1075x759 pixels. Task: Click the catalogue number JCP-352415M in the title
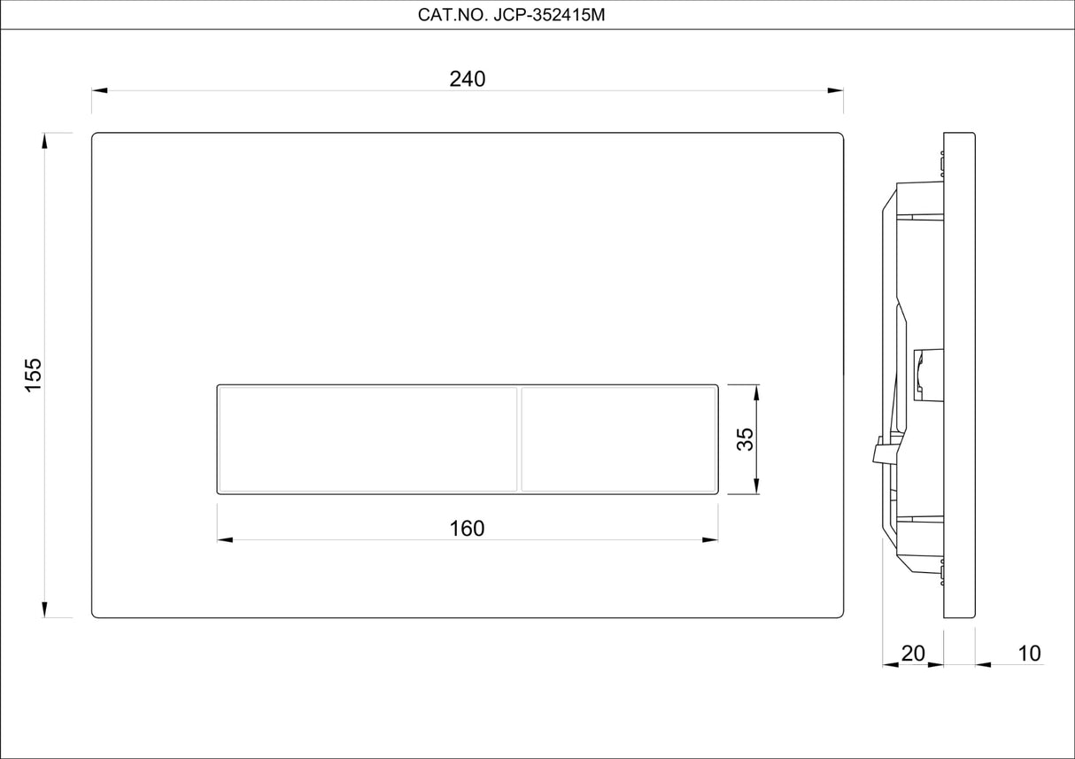[548, 15]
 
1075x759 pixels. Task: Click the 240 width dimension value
[468, 79]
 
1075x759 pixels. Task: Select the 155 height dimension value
[33, 376]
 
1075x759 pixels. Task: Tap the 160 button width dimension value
[467, 529]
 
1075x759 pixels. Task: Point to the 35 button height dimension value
[746, 439]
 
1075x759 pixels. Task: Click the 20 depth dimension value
[912, 654]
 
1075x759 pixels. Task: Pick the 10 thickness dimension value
[1029, 654]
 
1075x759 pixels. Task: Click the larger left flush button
[367, 438]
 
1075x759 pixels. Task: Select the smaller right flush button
[618, 438]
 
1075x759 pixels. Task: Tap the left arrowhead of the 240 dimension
[99, 90]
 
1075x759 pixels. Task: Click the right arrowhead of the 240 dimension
[836, 90]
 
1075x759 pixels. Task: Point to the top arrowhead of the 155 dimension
[44, 141]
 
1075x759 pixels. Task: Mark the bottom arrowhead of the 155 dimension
[44, 609]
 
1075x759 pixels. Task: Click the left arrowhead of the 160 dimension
[225, 539]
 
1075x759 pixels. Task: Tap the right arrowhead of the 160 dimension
[710, 539]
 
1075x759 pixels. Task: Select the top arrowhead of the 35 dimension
[756, 392]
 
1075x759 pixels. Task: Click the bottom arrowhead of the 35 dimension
[756, 486]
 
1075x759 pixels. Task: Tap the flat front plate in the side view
[959, 376]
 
